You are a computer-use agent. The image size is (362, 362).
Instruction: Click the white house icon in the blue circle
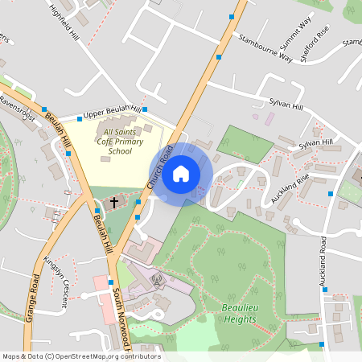181,173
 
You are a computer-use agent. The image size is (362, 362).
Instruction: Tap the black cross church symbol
113,201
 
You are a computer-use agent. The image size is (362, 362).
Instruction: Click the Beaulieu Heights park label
240,313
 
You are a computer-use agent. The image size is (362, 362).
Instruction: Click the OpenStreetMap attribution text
81,356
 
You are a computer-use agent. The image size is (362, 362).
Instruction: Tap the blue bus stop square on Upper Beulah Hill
145,109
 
